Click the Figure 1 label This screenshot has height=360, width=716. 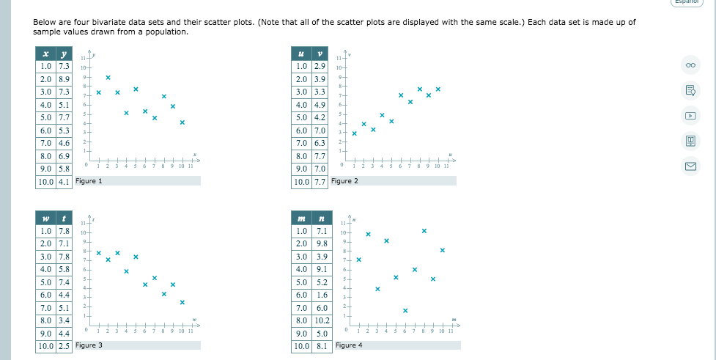click(x=89, y=181)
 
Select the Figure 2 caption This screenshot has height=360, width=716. click(x=344, y=181)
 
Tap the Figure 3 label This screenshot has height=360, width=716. click(x=89, y=345)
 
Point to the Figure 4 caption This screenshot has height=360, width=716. click(x=349, y=345)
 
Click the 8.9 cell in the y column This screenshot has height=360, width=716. click(x=64, y=79)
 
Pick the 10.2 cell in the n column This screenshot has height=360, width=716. click(x=322, y=320)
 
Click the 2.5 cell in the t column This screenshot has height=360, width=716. click(x=64, y=345)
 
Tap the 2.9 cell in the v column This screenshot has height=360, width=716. click(x=320, y=67)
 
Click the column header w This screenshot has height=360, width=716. click(x=45, y=218)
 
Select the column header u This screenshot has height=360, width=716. click(x=301, y=54)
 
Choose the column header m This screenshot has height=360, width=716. click(x=301, y=218)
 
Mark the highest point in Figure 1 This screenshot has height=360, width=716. click(x=108, y=77)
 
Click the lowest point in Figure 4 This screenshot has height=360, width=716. click(x=405, y=309)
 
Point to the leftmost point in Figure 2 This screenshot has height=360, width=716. click(x=354, y=133)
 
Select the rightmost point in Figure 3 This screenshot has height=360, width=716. click(x=182, y=302)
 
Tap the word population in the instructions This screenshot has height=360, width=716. click(x=168, y=32)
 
